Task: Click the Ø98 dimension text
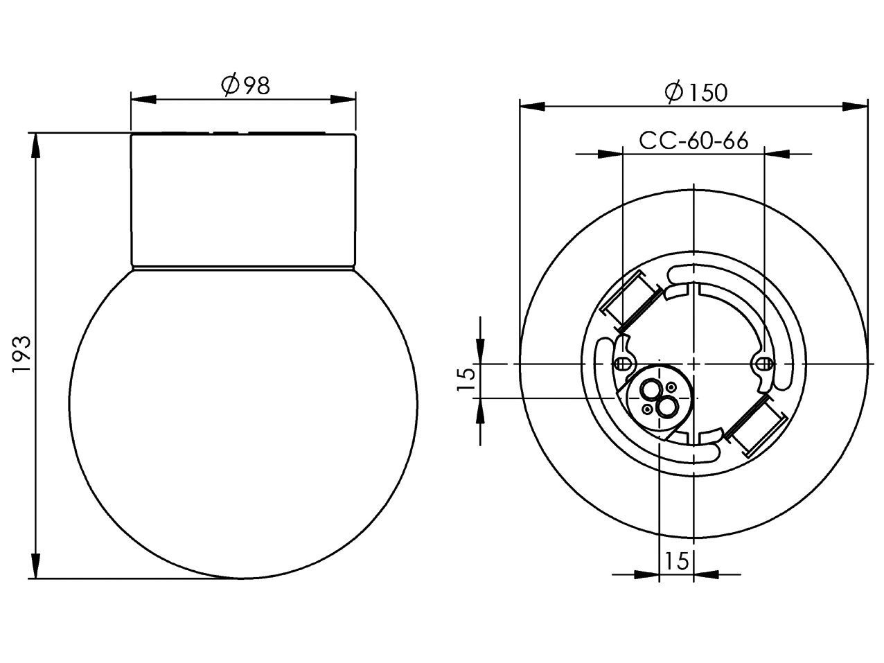coord(245,85)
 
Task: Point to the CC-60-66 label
coord(693,141)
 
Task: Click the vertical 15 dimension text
coord(467,380)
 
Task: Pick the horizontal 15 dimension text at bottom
coord(676,561)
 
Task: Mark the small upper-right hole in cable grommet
coord(671,387)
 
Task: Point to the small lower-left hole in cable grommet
coord(647,409)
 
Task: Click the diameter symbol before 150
coord(673,92)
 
